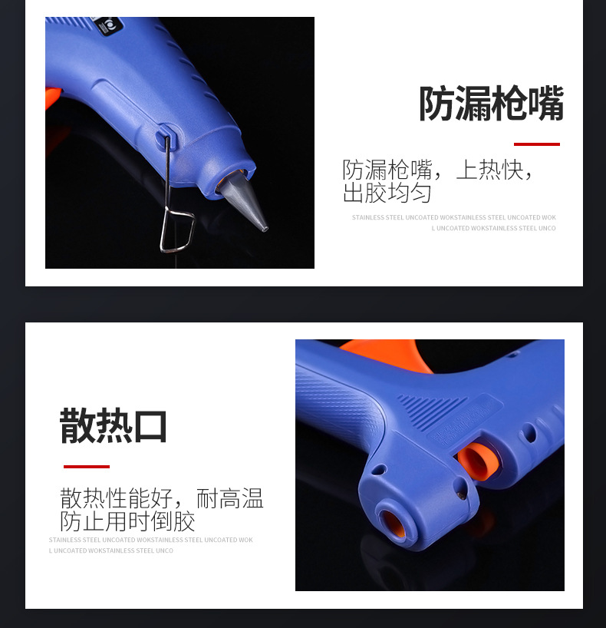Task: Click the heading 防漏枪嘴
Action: click(491, 104)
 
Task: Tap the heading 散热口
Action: click(114, 426)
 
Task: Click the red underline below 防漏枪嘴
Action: click(536, 144)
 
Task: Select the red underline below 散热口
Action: click(86, 466)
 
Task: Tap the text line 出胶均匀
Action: click(387, 193)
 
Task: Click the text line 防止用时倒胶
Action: click(127, 522)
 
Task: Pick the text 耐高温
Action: click(230, 498)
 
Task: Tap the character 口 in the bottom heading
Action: click(150, 426)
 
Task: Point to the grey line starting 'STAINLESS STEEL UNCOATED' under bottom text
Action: click(150, 540)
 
